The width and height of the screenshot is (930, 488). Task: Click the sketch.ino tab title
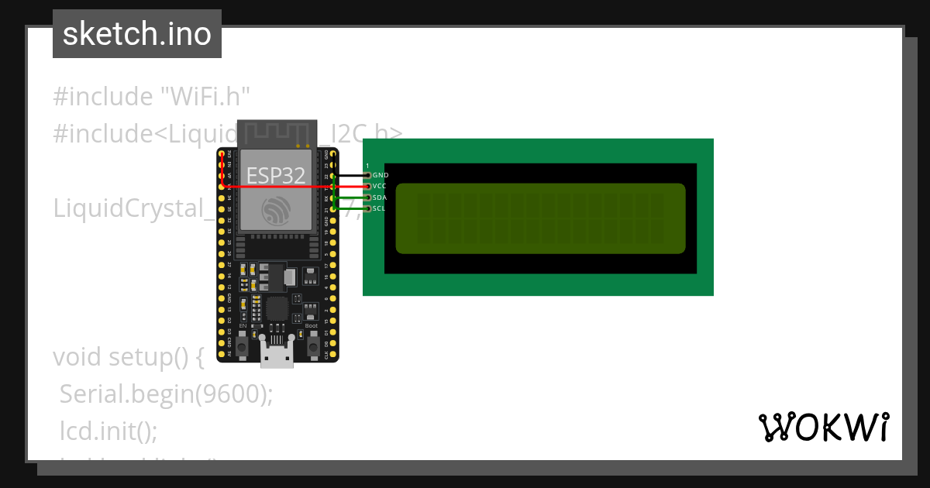point(137,34)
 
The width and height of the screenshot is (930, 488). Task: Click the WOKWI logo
point(823,427)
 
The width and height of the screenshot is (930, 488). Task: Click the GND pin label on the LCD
point(381,175)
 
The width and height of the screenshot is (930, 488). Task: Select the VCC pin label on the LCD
point(380,186)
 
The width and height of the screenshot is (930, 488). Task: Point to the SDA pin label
point(380,198)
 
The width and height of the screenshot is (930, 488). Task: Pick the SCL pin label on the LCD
point(380,208)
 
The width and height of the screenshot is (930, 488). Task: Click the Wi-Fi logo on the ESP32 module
point(277,210)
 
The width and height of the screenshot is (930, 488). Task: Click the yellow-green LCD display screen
point(540,218)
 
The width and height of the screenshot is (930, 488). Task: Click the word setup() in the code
point(155,357)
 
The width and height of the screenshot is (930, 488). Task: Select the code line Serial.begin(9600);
point(167,394)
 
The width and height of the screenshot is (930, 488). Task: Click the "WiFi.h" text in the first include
point(205,97)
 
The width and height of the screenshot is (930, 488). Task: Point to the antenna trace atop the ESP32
point(277,132)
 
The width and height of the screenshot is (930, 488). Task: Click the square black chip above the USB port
point(277,310)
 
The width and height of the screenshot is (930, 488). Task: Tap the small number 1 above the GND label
point(367,166)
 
